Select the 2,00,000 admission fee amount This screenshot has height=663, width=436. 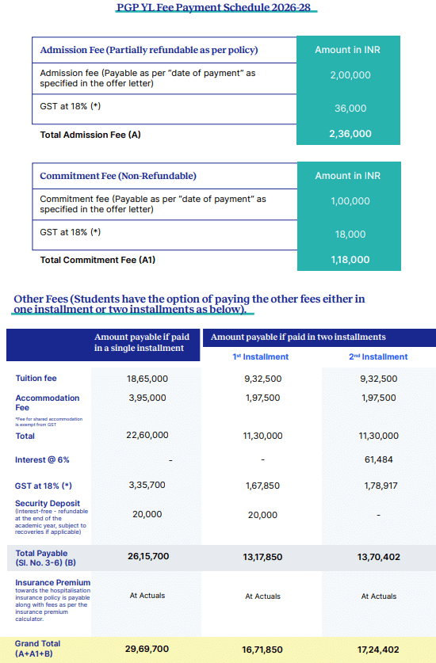(x=350, y=76)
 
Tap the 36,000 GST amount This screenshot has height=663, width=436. (x=350, y=109)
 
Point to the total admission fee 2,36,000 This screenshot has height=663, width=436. (x=350, y=134)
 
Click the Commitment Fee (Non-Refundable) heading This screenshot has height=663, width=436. (x=118, y=176)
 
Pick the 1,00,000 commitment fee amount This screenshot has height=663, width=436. (x=350, y=201)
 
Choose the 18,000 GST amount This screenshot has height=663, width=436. (x=350, y=234)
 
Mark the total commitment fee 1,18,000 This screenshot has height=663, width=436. (x=350, y=259)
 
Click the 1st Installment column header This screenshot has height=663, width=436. (x=261, y=356)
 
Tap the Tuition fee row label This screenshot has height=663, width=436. (x=36, y=379)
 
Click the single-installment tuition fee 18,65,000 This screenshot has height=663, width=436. (x=147, y=379)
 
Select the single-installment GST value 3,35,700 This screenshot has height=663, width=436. (x=147, y=485)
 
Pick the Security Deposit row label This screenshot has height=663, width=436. (x=47, y=503)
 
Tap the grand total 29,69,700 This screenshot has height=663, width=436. (x=147, y=649)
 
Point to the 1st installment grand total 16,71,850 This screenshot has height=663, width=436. (x=261, y=649)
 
